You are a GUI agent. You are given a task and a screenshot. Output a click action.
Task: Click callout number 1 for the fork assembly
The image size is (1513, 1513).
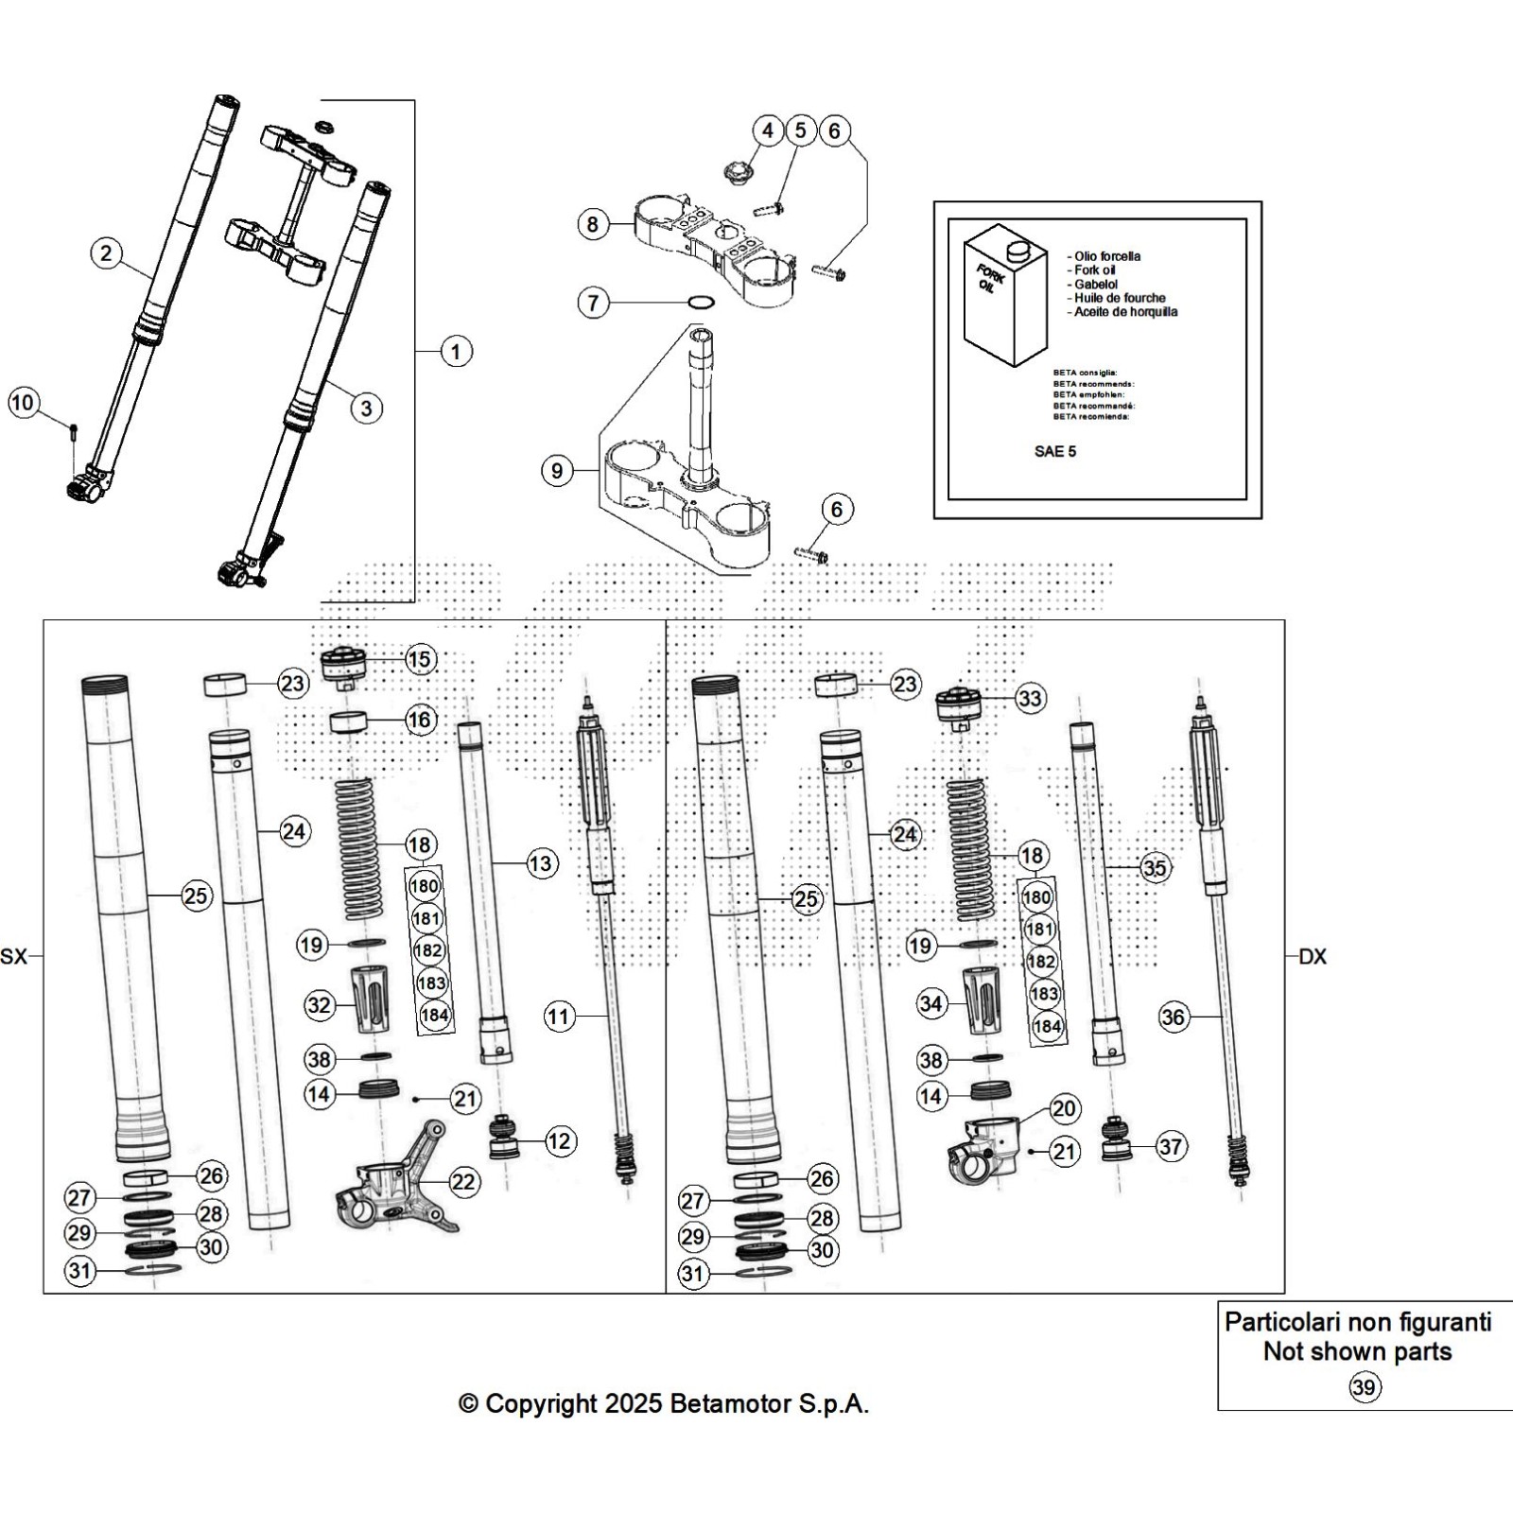[456, 352]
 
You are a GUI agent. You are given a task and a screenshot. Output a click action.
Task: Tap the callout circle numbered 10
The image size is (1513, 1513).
[22, 403]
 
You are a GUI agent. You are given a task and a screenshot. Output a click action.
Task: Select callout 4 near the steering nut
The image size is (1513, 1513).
[767, 130]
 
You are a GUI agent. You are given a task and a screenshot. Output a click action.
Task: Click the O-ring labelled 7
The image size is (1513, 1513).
[700, 303]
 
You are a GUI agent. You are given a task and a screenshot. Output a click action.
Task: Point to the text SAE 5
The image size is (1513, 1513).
[1054, 451]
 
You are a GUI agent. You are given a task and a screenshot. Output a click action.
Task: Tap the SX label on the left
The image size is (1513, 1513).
[14, 957]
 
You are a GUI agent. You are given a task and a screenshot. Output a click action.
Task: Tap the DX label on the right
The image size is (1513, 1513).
[1313, 957]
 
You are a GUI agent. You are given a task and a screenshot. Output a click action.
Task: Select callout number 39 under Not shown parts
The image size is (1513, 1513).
[1365, 1386]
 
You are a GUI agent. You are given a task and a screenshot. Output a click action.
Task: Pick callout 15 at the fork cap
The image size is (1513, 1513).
[419, 659]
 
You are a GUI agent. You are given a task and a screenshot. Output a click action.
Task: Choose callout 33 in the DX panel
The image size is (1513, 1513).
[1029, 699]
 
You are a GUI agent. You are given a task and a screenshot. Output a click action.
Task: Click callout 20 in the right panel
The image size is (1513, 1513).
[1065, 1108]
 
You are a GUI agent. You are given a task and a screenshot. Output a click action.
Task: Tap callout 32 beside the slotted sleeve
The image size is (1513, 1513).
[320, 1004]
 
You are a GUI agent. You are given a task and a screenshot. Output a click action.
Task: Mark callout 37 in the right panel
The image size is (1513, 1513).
[1171, 1147]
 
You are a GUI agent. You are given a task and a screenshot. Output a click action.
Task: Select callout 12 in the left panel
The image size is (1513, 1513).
[560, 1141]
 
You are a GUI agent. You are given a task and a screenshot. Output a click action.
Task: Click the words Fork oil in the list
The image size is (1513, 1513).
[1095, 270]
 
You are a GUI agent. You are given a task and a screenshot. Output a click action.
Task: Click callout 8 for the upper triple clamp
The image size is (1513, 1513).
[593, 224]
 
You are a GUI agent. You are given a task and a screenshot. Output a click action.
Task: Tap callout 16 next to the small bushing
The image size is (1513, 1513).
[419, 720]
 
